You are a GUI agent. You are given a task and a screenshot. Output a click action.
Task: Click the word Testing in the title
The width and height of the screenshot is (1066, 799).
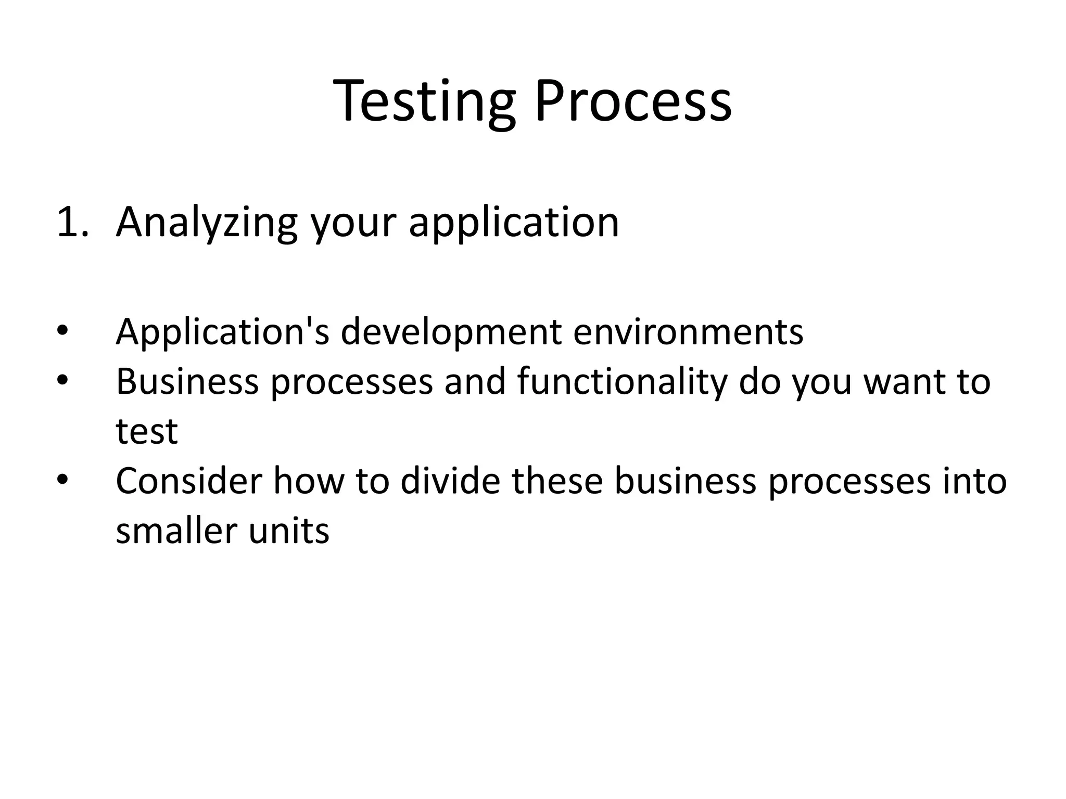[x=424, y=101]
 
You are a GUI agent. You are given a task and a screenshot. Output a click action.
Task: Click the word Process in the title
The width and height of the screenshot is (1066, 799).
[x=632, y=101]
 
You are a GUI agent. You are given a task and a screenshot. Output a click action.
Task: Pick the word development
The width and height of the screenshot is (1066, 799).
[x=451, y=332]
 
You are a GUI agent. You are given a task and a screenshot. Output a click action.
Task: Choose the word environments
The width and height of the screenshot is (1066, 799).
[x=688, y=332]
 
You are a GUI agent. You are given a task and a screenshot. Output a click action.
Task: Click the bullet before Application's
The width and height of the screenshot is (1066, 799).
[x=62, y=332]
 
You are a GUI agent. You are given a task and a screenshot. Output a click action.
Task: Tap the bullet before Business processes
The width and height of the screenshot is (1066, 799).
[x=62, y=381]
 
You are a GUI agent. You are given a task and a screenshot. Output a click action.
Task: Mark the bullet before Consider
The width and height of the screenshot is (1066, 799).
[x=62, y=481]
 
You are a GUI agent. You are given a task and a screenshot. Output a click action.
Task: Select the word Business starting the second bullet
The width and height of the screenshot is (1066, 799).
[x=187, y=381]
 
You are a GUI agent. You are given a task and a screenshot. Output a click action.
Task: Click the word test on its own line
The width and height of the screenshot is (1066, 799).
[x=147, y=432]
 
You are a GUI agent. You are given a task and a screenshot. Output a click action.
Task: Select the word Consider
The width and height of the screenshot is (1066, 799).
[x=188, y=481]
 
